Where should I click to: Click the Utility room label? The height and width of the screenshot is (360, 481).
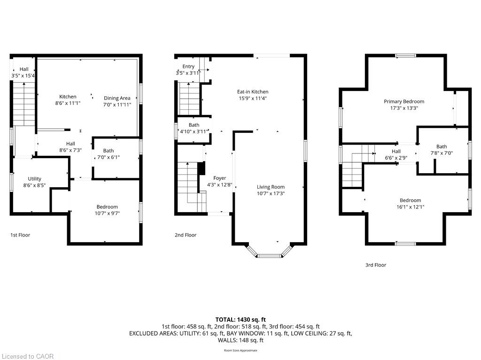click(x=34, y=179)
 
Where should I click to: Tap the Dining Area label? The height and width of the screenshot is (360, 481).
click(x=117, y=98)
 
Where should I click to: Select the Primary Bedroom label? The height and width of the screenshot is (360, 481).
click(x=404, y=101)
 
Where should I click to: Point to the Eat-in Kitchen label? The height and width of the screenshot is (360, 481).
click(x=253, y=92)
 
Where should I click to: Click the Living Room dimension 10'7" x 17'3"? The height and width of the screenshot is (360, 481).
click(x=271, y=193)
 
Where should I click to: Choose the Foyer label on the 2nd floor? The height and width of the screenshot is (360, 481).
click(x=220, y=178)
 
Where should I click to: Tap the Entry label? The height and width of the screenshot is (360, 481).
click(x=188, y=67)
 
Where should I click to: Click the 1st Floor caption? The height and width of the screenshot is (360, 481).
click(x=20, y=235)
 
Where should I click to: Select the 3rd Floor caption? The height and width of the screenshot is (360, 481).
click(x=375, y=265)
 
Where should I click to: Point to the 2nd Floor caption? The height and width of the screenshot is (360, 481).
click(x=186, y=235)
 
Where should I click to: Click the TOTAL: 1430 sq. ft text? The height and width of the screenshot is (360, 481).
click(x=240, y=320)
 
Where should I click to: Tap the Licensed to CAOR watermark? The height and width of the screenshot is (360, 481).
click(x=28, y=356)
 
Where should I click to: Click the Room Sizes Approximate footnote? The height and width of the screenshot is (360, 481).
click(x=240, y=350)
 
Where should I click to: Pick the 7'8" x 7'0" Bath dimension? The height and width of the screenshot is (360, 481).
click(x=442, y=153)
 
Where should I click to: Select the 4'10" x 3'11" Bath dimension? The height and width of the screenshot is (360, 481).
click(x=194, y=131)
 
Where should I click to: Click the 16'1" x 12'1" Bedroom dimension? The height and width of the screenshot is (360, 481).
click(x=411, y=207)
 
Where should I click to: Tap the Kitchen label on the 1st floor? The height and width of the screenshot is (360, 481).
click(x=68, y=97)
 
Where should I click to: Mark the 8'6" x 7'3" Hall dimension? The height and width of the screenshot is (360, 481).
click(x=70, y=150)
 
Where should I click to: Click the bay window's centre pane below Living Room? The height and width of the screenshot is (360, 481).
click(x=269, y=256)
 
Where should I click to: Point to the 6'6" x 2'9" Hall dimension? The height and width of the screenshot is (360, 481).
click(x=396, y=158)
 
